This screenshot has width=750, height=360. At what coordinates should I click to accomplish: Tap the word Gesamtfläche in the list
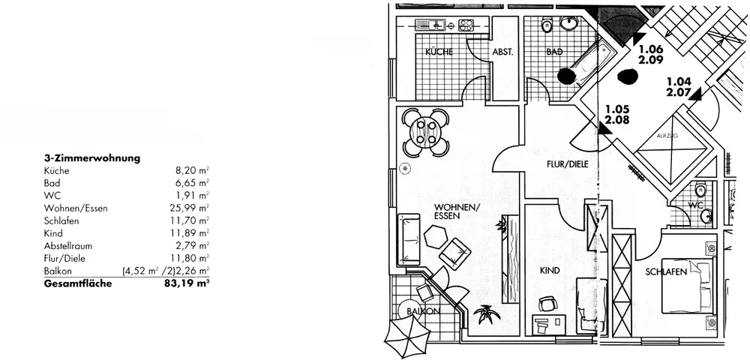tap(78, 283)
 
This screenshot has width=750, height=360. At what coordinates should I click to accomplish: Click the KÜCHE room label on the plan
tap(439, 52)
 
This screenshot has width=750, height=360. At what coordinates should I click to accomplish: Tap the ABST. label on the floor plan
tap(502, 52)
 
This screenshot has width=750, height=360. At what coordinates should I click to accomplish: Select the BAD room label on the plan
tap(554, 52)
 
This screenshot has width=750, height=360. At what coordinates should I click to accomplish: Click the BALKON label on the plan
tap(422, 310)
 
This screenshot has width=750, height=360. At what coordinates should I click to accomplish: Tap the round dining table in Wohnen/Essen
tap(425, 133)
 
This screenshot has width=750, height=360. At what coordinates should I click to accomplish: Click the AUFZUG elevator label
tap(667, 136)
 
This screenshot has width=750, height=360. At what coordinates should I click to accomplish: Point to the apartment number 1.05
tap(618, 108)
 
